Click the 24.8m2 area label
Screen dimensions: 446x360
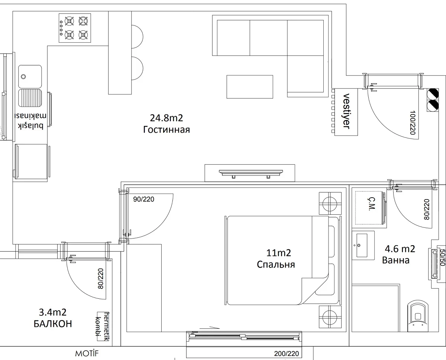tap(167, 118)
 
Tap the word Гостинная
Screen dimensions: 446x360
tap(167, 130)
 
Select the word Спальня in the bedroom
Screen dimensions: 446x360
tap(276, 265)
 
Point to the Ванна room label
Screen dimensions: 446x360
tap(395, 260)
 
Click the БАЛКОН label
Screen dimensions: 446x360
tap(53, 324)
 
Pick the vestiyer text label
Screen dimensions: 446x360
tap(346, 111)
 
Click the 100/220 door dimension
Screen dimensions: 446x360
tap(412, 123)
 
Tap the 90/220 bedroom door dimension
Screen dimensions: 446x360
tap(143, 199)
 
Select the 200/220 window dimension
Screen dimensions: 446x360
tap(287, 354)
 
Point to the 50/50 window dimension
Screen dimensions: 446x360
tap(442, 257)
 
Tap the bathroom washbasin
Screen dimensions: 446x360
tap(362, 245)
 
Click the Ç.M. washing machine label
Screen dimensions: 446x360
tap(371, 204)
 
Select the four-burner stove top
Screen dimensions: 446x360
tap(75, 28)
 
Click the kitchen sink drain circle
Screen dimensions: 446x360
tap(23, 77)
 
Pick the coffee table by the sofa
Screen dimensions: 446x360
tap(250, 87)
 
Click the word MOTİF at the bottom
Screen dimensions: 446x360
tap(87, 354)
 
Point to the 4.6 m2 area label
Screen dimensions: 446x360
tap(400, 249)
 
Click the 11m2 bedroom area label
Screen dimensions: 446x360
tap(278, 253)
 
